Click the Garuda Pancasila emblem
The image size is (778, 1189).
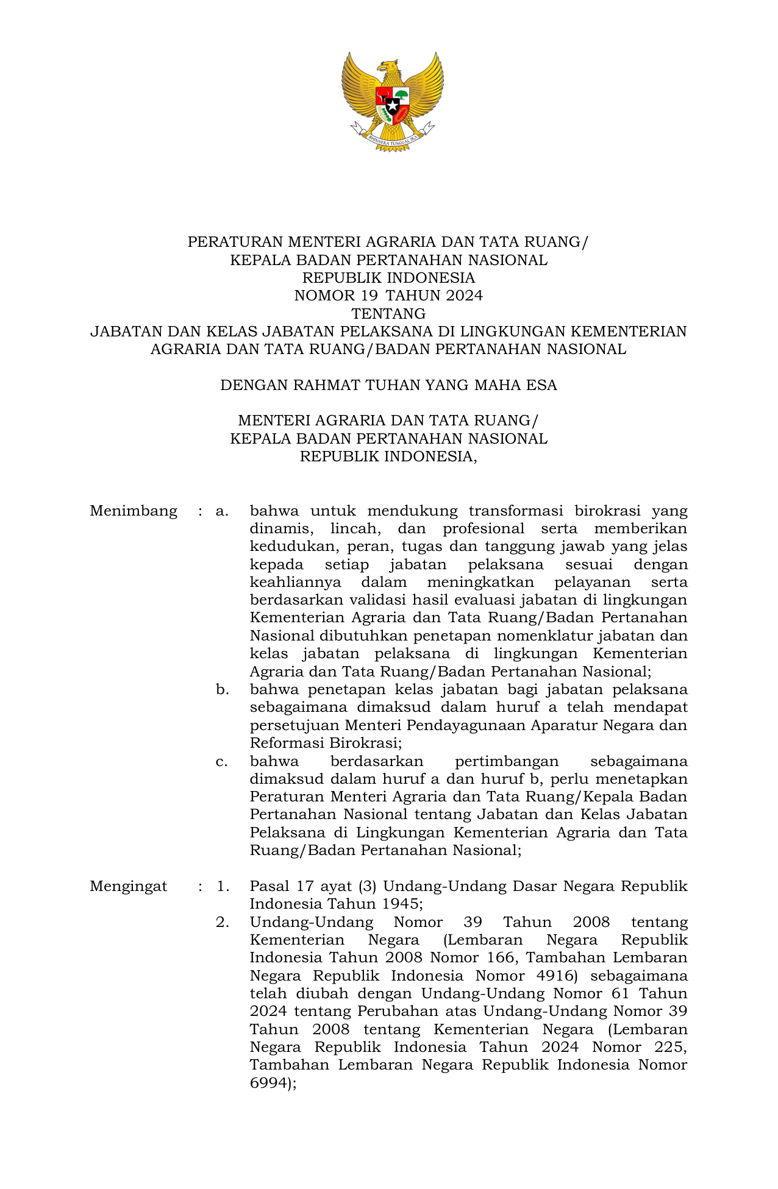(392, 101)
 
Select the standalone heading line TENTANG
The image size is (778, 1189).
(388, 314)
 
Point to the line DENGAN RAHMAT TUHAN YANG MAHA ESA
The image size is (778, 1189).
(388, 385)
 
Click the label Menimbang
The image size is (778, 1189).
(134, 511)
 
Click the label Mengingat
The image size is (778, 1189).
(129, 886)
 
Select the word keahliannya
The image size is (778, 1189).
(295, 582)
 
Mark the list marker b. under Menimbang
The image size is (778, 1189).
(222, 690)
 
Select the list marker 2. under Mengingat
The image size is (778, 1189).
(222, 922)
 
